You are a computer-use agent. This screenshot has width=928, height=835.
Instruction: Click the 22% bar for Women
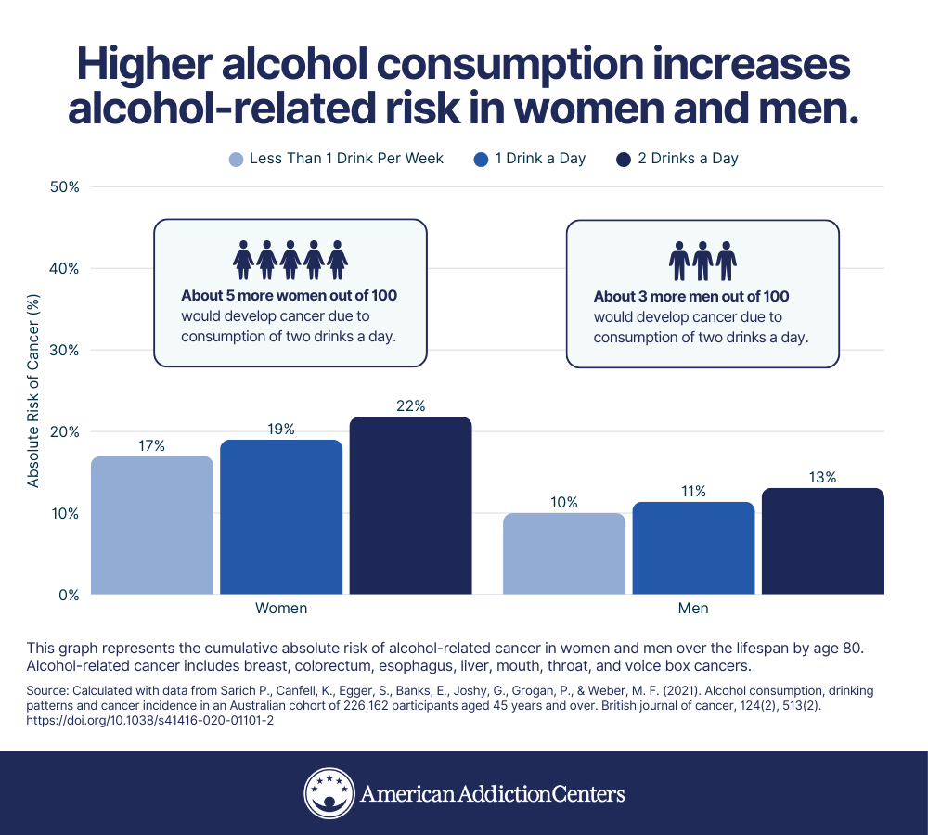click(410, 506)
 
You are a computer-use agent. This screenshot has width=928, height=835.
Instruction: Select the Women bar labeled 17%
click(152, 525)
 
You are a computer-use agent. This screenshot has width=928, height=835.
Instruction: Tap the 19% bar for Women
click(281, 517)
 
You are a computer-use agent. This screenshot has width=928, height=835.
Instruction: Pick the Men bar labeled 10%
click(564, 553)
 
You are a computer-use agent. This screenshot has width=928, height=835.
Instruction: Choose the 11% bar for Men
click(693, 547)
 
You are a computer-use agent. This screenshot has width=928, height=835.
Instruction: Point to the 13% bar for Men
click(822, 541)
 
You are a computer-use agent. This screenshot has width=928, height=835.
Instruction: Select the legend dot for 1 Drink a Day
click(481, 159)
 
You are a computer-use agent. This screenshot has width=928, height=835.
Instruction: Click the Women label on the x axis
click(281, 609)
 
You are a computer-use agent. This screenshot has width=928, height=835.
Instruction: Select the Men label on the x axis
click(693, 609)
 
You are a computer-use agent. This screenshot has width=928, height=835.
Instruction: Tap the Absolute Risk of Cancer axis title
click(33, 392)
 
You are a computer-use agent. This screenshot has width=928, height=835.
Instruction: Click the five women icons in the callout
click(290, 260)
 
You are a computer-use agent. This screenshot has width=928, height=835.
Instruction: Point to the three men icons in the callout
click(702, 261)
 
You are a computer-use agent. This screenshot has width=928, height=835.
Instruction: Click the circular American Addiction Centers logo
click(329, 793)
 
